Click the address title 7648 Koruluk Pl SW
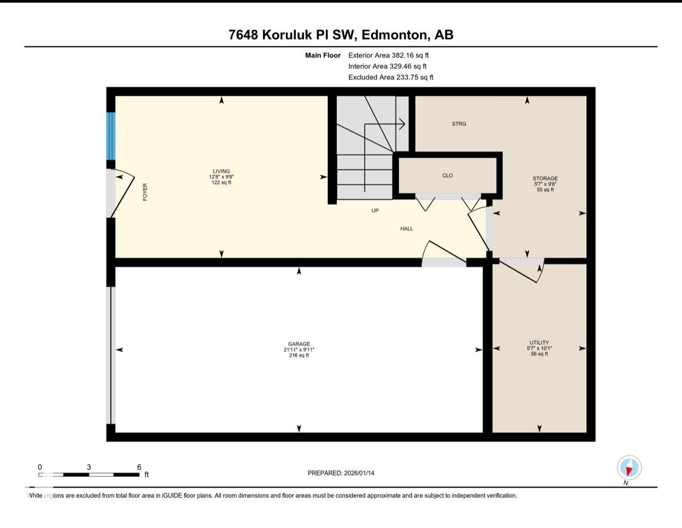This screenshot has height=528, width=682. (x=340, y=35)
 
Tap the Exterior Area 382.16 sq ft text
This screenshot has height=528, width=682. (x=388, y=55)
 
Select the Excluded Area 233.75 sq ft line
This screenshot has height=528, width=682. (x=390, y=78)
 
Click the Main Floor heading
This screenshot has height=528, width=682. (x=322, y=55)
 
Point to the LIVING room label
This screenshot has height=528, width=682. (x=221, y=172)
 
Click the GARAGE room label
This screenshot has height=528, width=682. (x=299, y=344)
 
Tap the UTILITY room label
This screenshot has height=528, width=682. (x=539, y=343)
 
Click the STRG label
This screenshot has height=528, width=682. (x=459, y=124)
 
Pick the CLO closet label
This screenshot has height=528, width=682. (x=447, y=176)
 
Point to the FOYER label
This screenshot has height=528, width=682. (x=145, y=192)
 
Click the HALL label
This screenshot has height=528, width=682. (x=407, y=229)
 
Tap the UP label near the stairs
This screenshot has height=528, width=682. (x=375, y=211)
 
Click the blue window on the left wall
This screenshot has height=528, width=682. (x=111, y=136)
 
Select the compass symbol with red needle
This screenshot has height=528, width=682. (x=629, y=468)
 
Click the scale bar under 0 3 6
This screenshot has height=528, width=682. (x=89, y=474)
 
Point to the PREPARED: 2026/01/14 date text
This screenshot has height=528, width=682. (x=341, y=473)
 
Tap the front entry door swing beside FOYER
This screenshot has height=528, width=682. (x=123, y=194)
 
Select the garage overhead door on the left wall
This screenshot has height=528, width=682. (x=112, y=355)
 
